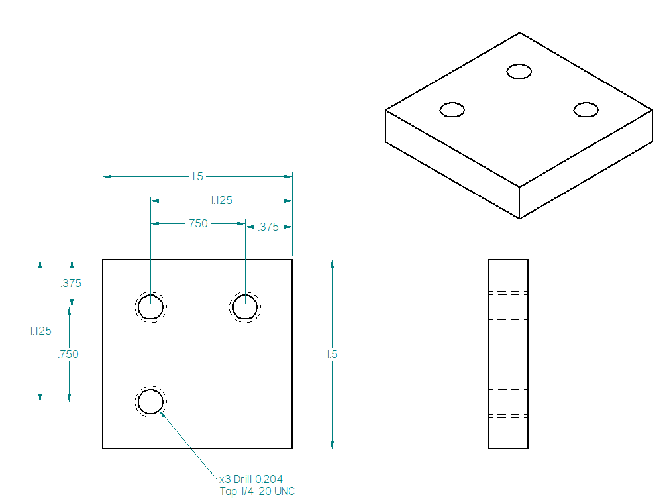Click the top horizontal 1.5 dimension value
click(197, 176)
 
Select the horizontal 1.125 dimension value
click(221, 200)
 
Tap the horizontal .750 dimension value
click(197, 224)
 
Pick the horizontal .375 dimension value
click(268, 227)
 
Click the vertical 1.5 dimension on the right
click(333, 354)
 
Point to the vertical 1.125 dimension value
click(40, 331)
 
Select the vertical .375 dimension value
click(70, 283)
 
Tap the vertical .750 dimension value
click(68, 354)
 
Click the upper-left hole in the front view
click(151, 307)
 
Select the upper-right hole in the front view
click(245, 307)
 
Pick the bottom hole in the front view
click(151, 402)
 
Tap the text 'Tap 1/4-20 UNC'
click(257, 491)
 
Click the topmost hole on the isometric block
click(519, 71)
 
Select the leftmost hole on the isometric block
click(452, 109)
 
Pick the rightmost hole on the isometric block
click(586, 109)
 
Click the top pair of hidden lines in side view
click(508, 292)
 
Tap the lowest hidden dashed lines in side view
click(508, 416)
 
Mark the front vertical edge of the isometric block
click(519, 203)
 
